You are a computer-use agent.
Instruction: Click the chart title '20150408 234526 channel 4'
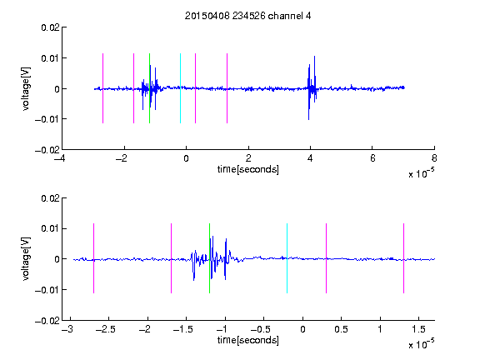click(x=248, y=16)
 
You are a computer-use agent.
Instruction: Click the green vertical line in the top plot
click(x=149, y=88)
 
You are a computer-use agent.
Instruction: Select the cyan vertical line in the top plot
click(x=180, y=88)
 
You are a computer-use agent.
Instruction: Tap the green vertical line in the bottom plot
click(x=209, y=258)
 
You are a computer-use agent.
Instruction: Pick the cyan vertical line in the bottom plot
click(x=287, y=258)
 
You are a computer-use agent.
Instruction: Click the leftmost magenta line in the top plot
click(x=102, y=88)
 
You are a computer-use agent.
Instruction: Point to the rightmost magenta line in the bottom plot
click(x=403, y=258)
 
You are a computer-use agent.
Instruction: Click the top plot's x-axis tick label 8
click(x=434, y=158)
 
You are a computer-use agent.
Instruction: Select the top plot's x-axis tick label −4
click(x=59, y=158)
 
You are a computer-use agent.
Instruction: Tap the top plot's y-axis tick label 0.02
click(x=50, y=27)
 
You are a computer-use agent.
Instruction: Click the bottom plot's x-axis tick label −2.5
click(x=106, y=329)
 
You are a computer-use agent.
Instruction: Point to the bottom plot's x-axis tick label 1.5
click(x=418, y=329)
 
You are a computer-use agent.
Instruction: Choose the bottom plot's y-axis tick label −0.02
click(x=47, y=321)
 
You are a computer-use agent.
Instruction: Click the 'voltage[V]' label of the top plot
click(x=26, y=89)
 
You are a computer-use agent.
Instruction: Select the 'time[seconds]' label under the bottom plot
click(x=248, y=340)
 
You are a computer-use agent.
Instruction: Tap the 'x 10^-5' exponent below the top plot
click(x=421, y=173)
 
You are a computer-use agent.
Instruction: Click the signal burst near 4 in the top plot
click(x=312, y=88)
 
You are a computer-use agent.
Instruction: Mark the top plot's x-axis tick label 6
click(x=372, y=158)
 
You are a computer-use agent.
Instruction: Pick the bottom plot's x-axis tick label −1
click(x=222, y=329)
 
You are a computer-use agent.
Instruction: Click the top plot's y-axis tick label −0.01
click(x=47, y=119)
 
